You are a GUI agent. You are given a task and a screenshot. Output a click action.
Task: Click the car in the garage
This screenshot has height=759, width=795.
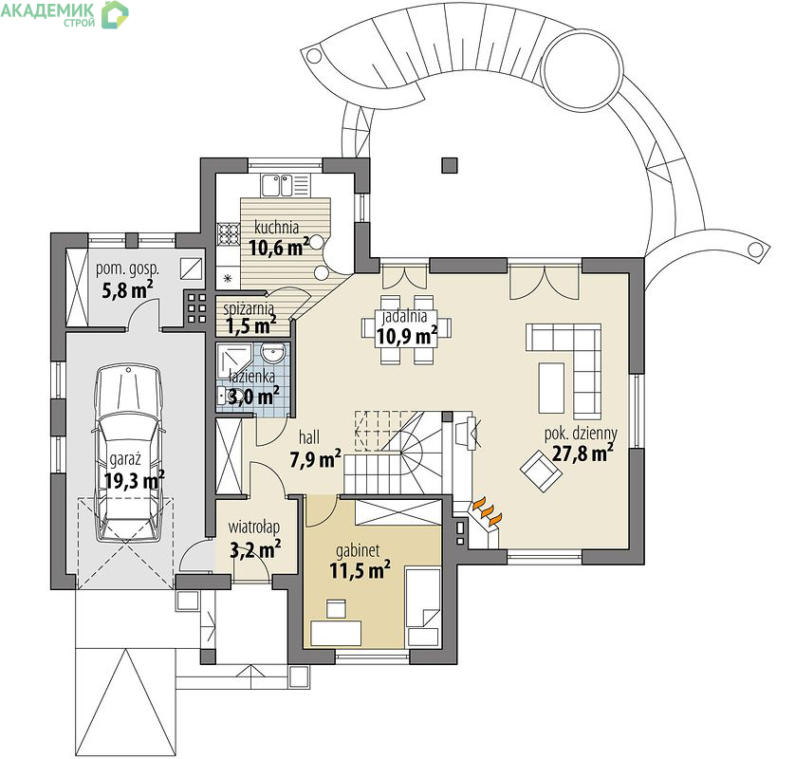[129, 454]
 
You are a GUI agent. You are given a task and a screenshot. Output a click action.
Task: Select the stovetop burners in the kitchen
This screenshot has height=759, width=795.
[228, 234]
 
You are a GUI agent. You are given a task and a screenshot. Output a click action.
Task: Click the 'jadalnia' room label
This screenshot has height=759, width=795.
[404, 316]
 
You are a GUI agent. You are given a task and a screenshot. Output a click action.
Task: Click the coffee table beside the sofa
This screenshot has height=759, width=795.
[551, 388]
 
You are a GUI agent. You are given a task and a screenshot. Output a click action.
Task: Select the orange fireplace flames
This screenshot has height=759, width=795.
[488, 511]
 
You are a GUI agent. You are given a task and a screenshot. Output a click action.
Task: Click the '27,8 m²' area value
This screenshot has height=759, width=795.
[582, 453]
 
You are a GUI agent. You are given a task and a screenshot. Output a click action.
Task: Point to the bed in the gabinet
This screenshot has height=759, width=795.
[423, 607]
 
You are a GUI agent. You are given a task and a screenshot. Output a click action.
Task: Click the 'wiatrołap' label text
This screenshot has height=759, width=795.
[253, 528]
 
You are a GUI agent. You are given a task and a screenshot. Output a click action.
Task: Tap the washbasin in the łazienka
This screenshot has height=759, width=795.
[274, 353]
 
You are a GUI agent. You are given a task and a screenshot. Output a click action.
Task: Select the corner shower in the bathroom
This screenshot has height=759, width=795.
[233, 361]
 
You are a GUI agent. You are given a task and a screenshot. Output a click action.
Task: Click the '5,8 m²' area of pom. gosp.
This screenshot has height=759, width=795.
[128, 290]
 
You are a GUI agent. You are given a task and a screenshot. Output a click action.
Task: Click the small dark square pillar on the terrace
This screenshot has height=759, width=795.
[450, 166]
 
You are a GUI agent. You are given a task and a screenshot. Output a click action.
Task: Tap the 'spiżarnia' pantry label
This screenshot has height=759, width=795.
[249, 307]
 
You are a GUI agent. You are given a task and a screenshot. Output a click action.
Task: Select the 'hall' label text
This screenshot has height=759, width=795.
[309, 437]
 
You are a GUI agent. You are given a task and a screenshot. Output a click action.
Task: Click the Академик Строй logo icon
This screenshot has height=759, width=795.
[115, 14]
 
